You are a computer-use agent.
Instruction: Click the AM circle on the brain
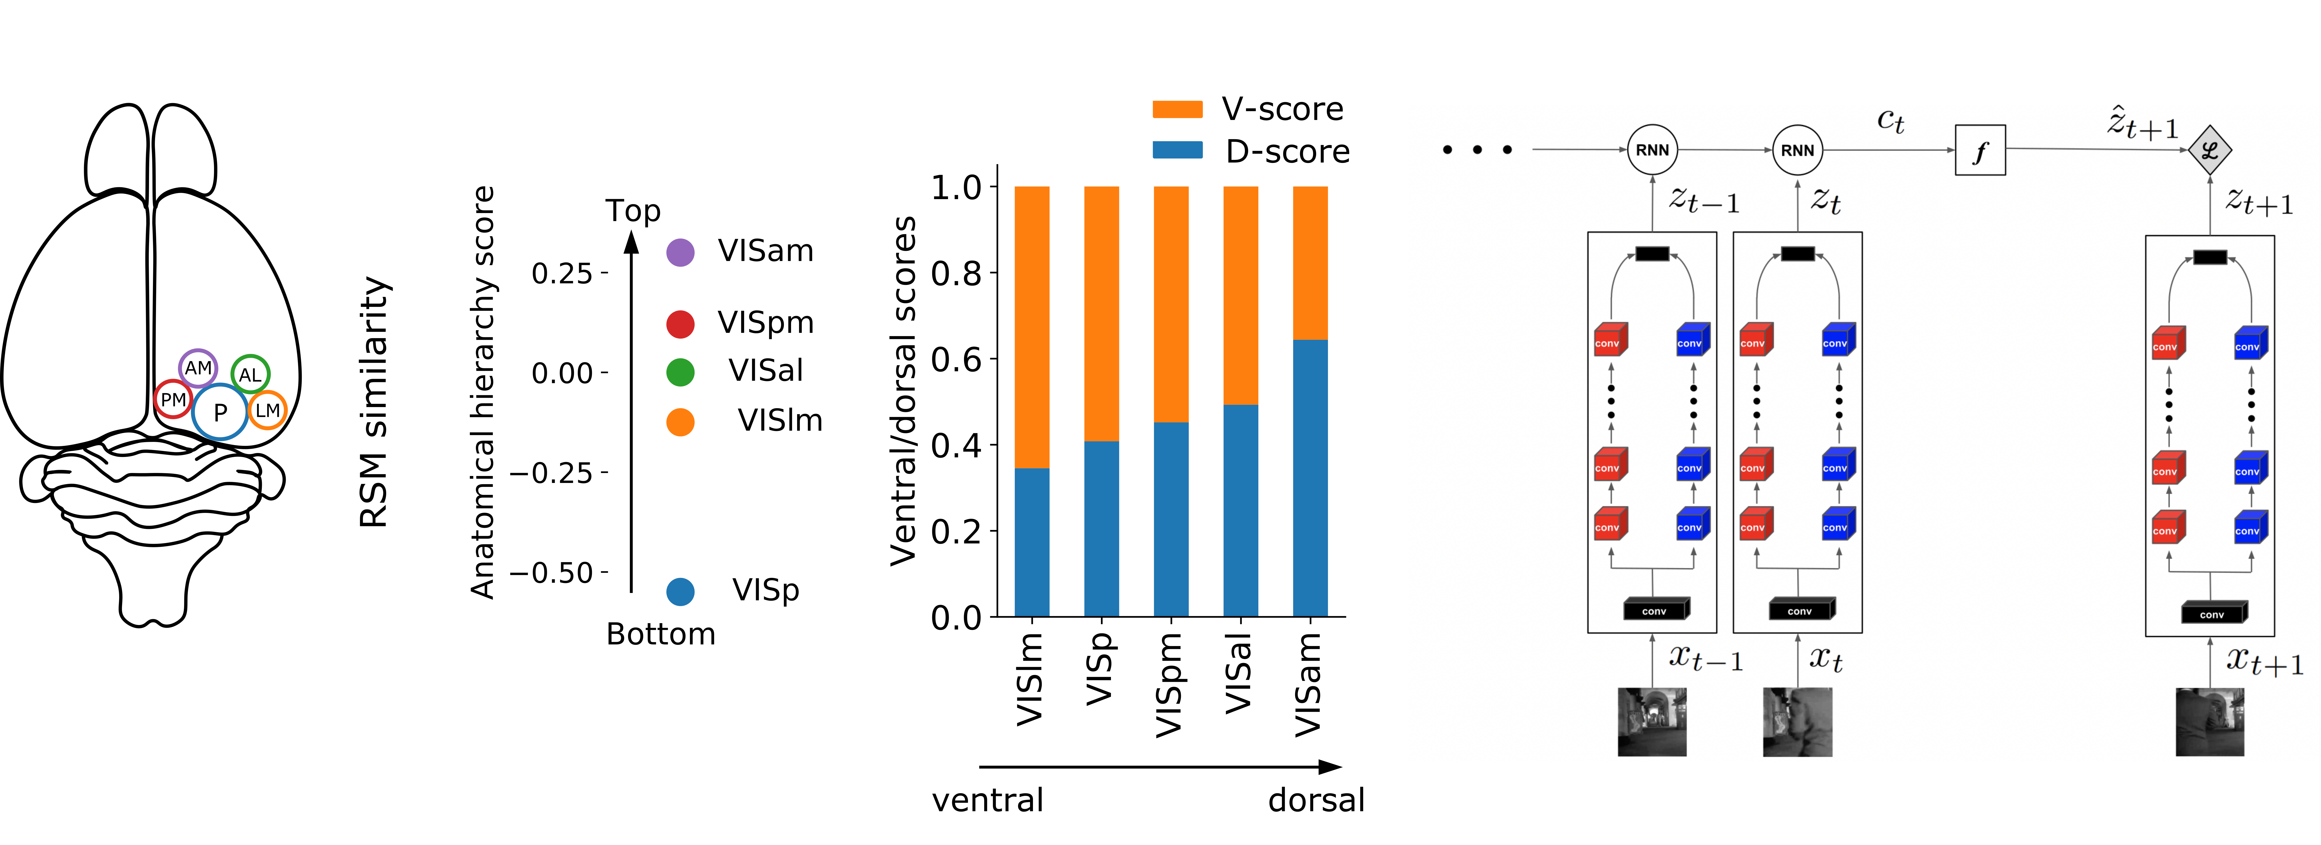(x=198, y=368)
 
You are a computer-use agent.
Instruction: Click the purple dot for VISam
(x=680, y=252)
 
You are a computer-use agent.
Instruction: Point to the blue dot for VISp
(x=680, y=591)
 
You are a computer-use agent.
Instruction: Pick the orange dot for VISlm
(x=680, y=422)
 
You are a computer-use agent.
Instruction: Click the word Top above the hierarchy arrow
(x=633, y=211)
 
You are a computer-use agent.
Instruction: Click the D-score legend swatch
(x=1177, y=150)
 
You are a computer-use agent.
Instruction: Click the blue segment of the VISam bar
(x=1310, y=477)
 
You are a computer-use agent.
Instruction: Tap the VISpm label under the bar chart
(x=1169, y=685)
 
